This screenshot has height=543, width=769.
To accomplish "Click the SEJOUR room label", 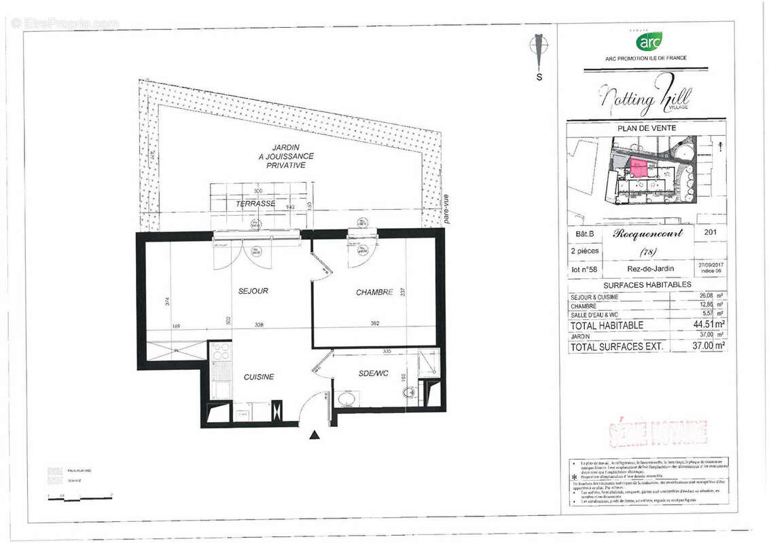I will [x=253, y=291].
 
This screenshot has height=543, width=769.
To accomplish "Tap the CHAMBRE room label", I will [x=374, y=293].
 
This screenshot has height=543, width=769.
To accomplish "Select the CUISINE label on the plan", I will [x=259, y=377].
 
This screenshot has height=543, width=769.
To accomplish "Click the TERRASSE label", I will [x=255, y=203].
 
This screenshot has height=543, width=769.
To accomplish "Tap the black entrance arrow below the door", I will [x=314, y=435].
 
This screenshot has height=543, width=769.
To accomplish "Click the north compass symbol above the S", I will [x=539, y=50].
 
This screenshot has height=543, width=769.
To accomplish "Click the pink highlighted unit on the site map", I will [x=639, y=168].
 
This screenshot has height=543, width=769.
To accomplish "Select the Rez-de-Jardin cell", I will [x=646, y=269].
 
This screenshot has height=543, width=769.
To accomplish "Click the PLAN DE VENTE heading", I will [x=646, y=128].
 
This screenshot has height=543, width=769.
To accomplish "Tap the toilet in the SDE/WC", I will [x=410, y=393].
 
